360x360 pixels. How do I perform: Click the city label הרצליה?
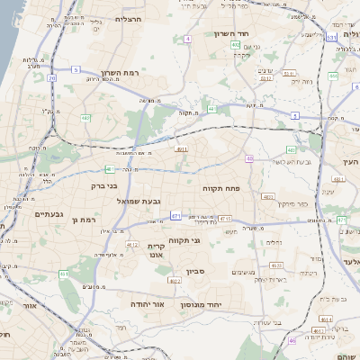click(122, 19)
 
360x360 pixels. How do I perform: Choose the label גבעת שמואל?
click(139, 201)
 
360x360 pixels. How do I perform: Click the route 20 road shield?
click(52, 77)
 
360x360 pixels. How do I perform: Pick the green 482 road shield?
click(85, 117)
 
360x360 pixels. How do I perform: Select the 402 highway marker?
click(235, 43)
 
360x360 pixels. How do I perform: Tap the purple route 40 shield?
click(248, 158)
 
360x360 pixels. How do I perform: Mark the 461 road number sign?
click(64, 274)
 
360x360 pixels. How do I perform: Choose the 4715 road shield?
click(224, 219)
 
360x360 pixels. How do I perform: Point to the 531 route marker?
click(331, 37)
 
